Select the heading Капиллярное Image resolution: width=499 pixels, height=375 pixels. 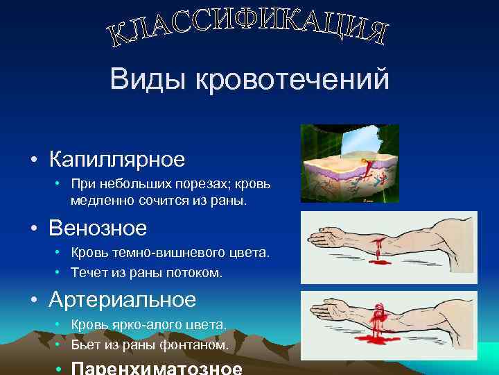(x=117, y=159)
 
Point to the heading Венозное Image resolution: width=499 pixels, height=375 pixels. (x=98, y=228)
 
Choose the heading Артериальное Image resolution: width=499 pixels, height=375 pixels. (x=123, y=299)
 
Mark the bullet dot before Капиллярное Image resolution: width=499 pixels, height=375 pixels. (x=33, y=160)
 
